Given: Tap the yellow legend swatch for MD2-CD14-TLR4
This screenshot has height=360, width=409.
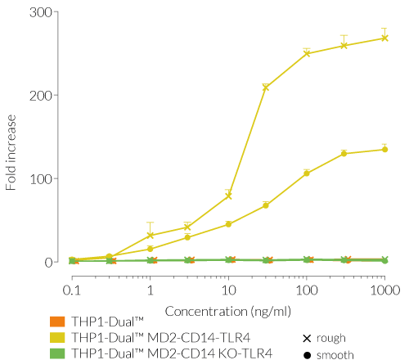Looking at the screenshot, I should click(x=56, y=338).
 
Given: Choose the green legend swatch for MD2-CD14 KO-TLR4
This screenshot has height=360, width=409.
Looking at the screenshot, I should click(x=56, y=353).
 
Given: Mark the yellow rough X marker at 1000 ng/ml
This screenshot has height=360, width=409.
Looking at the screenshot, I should click(x=384, y=38).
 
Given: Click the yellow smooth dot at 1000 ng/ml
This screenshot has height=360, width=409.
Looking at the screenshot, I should click(x=384, y=149).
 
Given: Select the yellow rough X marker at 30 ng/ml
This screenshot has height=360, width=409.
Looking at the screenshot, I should click(x=266, y=87).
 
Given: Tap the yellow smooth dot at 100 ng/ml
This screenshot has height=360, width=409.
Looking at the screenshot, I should click(x=307, y=173).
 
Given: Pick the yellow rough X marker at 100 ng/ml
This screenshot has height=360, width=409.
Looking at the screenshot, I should click(x=307, y=53).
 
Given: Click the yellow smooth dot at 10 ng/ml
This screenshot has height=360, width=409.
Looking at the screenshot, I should click(x=228, y=224).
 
